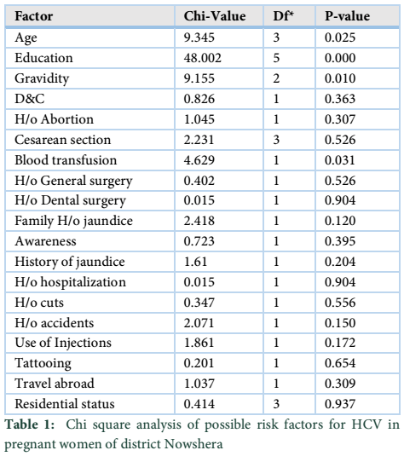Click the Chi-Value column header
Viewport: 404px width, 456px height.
[215, 16]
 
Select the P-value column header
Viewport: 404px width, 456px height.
[347, 16]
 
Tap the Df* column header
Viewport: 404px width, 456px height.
[283, 16]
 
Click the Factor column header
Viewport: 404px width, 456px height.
[34, 16]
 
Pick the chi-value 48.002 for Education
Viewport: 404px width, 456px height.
[203, 58]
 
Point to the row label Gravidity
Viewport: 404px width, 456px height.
[42, 78]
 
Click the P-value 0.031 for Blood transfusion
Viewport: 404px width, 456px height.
[340, 160]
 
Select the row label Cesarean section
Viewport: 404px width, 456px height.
[63, 140]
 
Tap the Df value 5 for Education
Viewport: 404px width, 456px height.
[276, 58]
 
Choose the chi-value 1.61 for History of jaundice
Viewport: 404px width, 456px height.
[195, 262]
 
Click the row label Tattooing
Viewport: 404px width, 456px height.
[43, 363]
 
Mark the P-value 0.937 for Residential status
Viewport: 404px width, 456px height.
[340, 404]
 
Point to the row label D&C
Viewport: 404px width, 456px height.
[30, 99]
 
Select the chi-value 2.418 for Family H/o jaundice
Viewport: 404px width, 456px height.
[199, 221]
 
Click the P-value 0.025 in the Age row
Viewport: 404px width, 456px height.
[340, 38]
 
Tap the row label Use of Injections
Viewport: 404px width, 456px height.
[63, 343]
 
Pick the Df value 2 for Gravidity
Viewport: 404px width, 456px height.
[276, 78]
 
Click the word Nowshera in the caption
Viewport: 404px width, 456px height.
[193, 444]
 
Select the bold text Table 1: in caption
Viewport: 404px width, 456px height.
[30, 424]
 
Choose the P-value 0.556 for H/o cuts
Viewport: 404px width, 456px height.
[340, 303]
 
